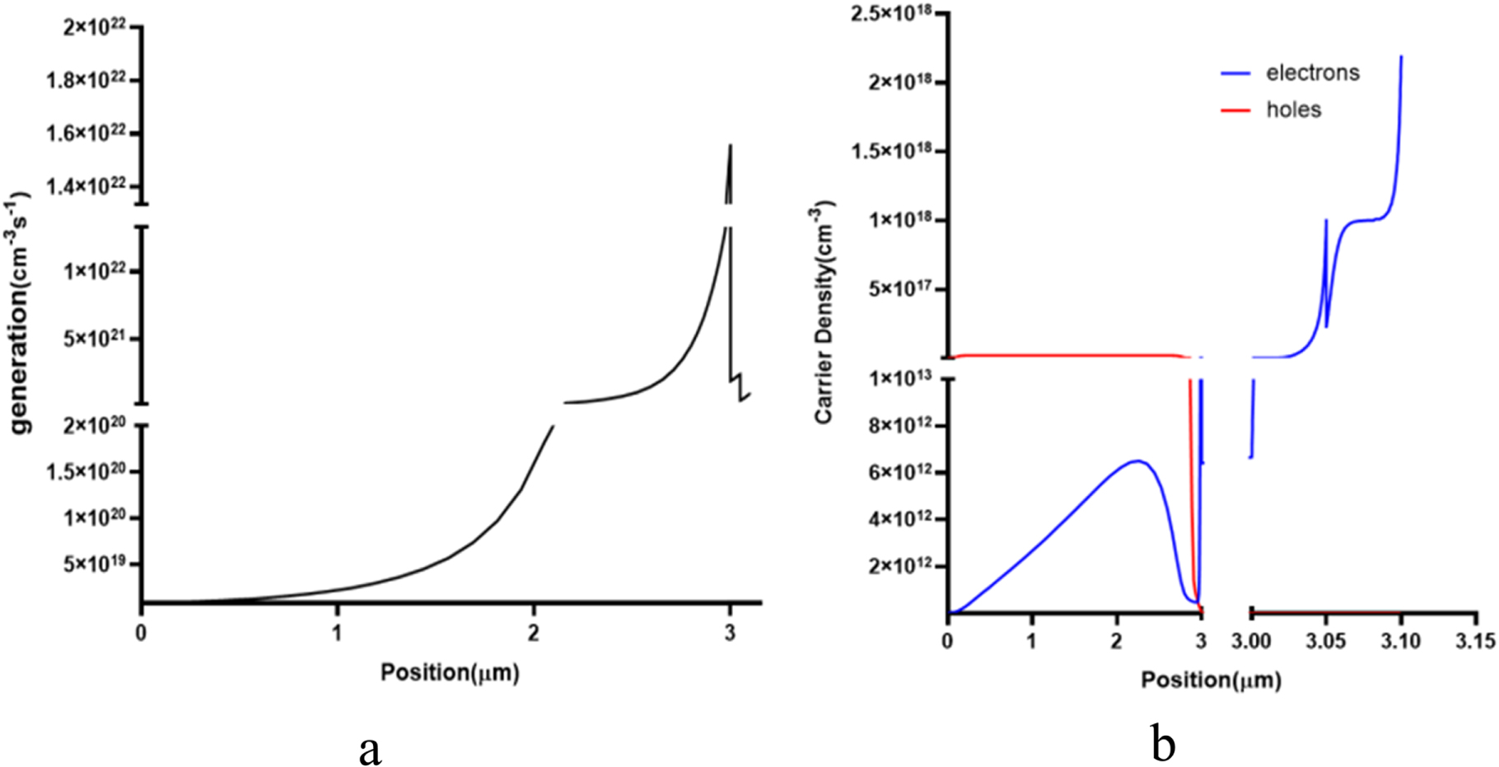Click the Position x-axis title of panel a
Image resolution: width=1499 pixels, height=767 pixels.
pos(450,672)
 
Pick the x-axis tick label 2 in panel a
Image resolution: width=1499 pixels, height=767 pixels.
pos(534,633)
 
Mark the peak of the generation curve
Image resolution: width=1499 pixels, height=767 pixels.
pos(730,145)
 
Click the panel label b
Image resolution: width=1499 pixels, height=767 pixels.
pos(1163,745)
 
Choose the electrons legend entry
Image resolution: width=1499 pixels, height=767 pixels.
pos(1312,72)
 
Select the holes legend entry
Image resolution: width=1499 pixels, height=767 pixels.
pos(1293,110)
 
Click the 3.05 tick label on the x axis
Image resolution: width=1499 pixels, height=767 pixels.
pos(1326,640)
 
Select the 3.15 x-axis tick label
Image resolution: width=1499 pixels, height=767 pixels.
pos(1476,640)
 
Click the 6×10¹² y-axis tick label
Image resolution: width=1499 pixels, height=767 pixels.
pos(902,473)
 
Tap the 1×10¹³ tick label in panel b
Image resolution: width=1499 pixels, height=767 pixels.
pos(902,378)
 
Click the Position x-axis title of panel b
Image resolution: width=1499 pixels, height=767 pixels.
pos(1211,680)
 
